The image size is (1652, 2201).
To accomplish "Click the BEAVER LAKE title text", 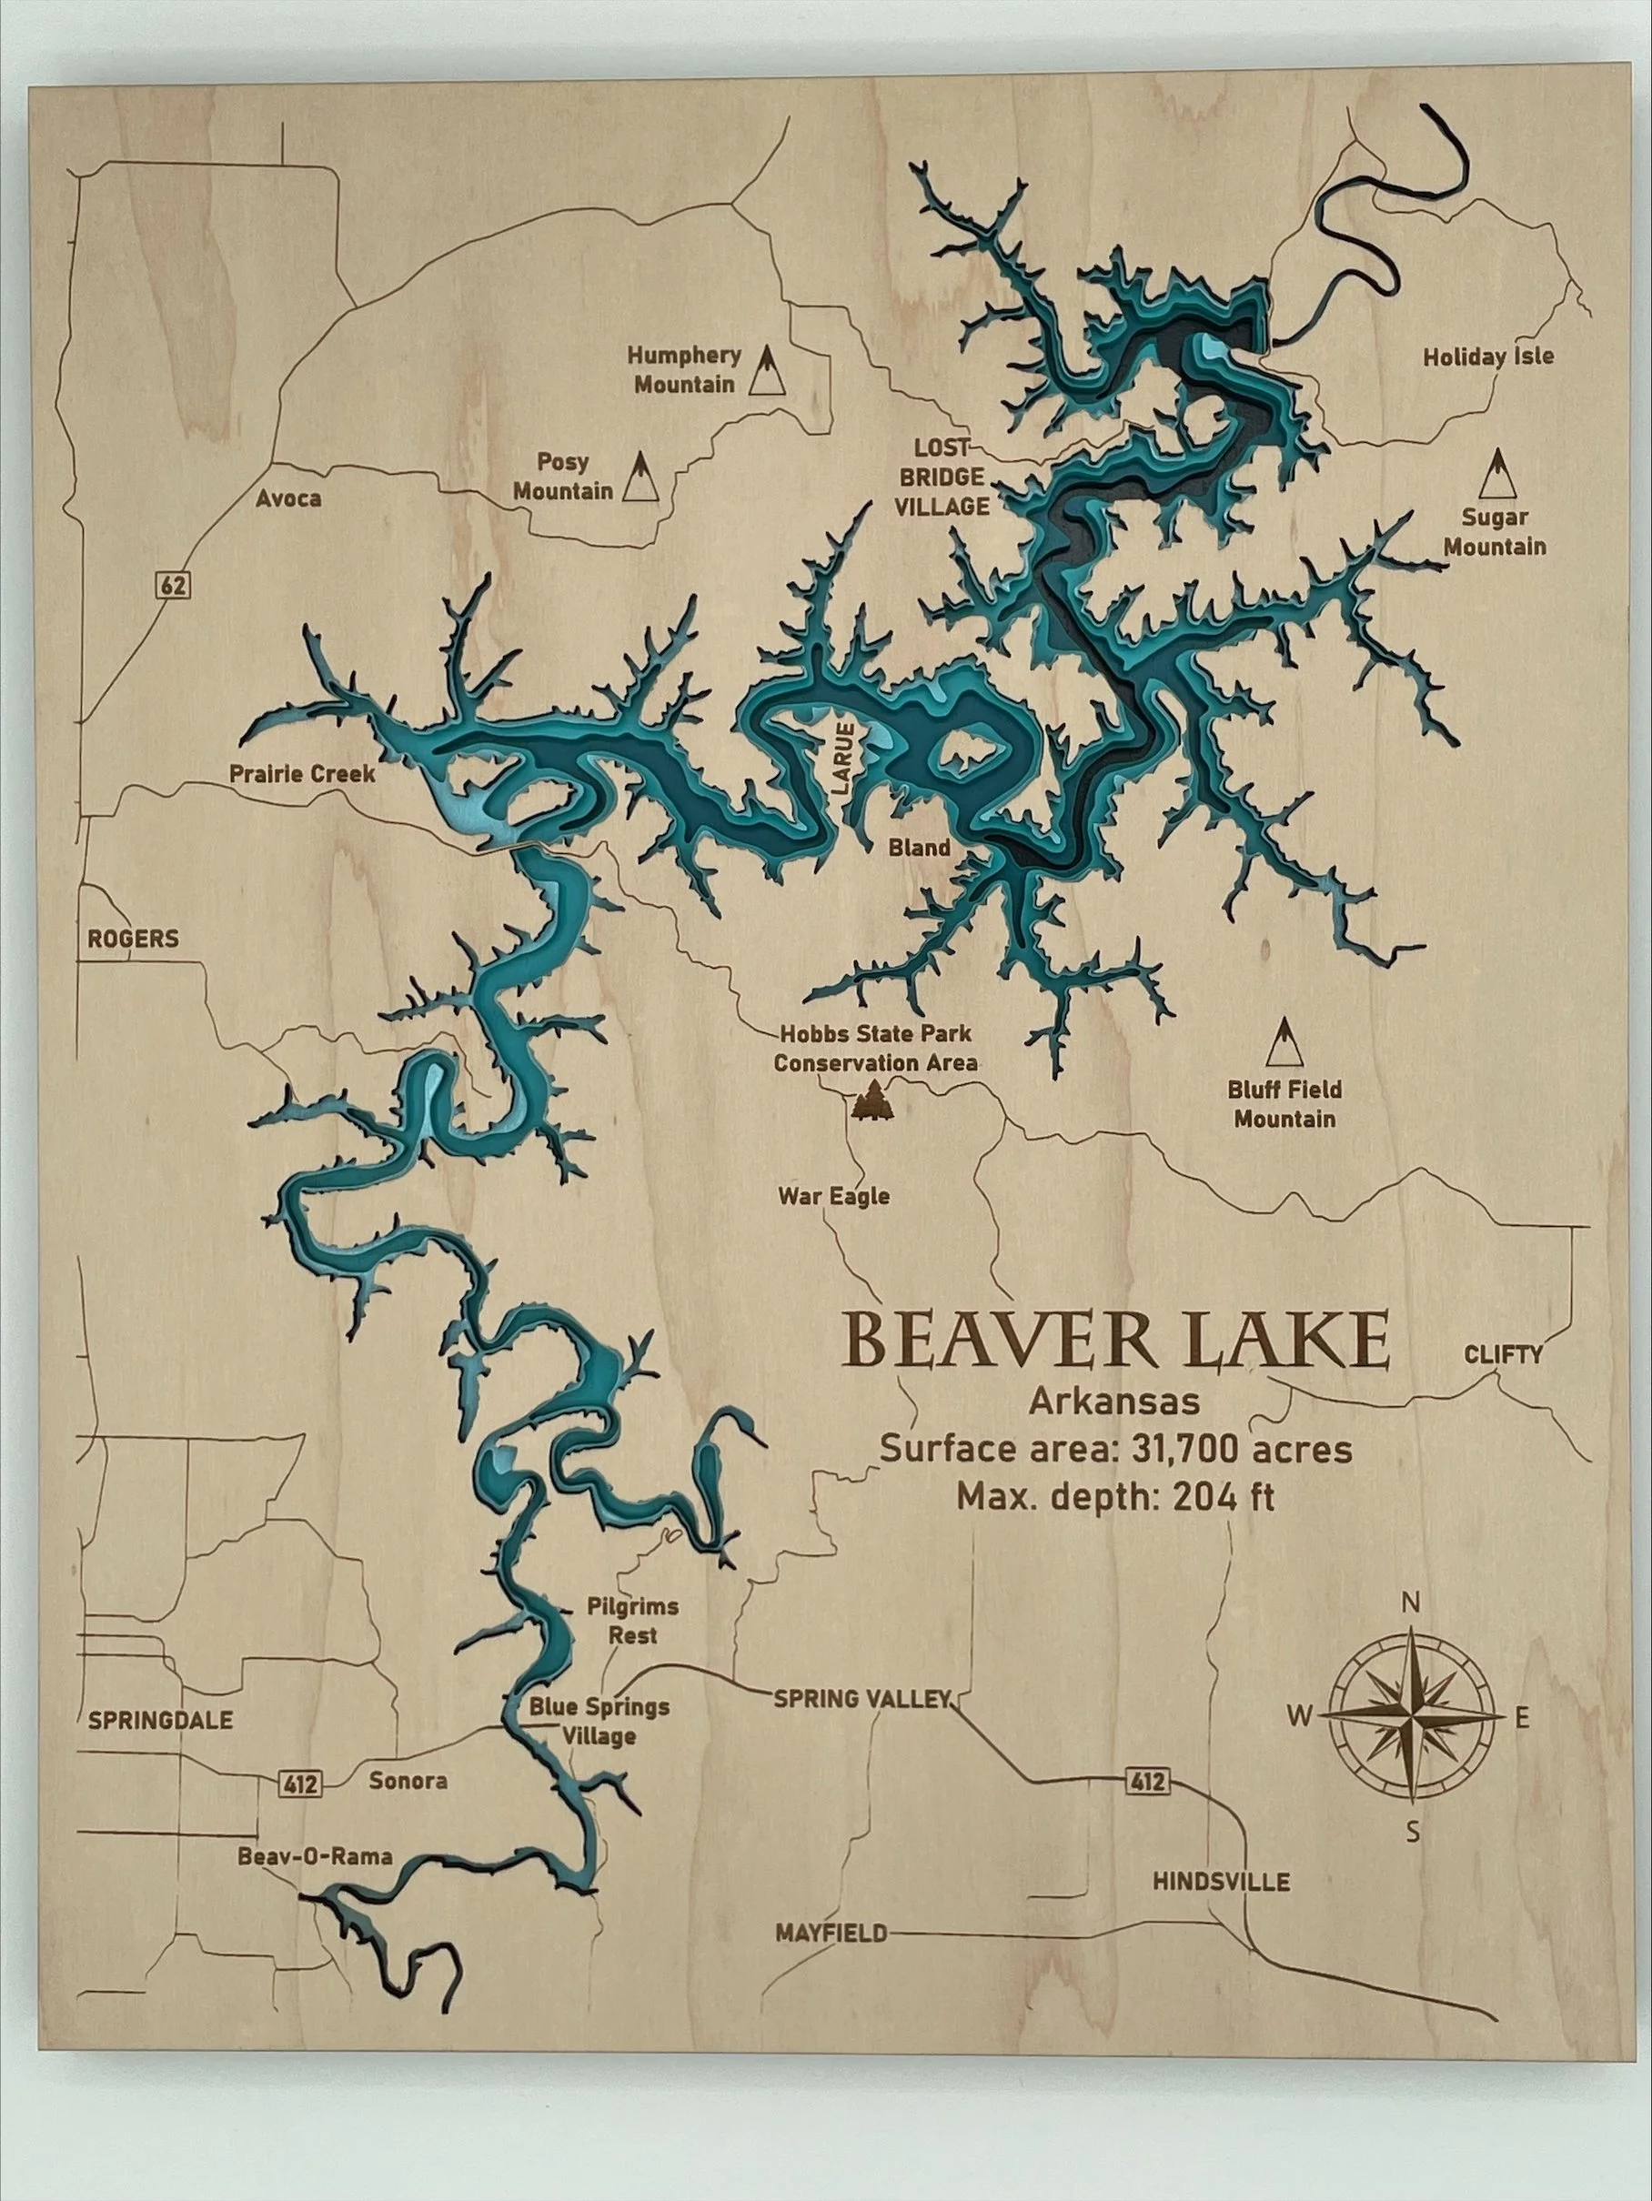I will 1115,1341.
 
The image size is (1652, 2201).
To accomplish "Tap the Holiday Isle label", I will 1487,357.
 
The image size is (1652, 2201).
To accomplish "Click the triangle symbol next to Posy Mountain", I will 640,477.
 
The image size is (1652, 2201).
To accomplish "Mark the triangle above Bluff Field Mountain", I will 1284,1041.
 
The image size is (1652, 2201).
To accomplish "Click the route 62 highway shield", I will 173,585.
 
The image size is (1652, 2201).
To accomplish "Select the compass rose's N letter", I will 1409,1603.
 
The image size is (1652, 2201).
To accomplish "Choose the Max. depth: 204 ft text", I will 1114,1495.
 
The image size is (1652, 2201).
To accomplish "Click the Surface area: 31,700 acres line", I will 1114,1449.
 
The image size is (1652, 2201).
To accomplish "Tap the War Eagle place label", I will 833,1196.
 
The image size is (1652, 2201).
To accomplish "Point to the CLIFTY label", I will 1503,1354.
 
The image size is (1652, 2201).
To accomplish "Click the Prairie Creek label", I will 303,773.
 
